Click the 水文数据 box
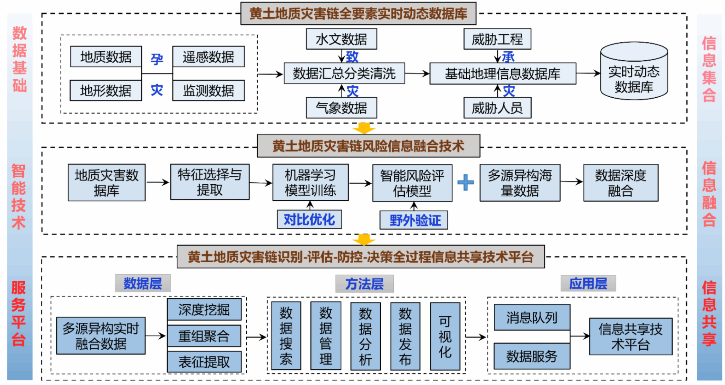click(341, 39)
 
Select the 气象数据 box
click(341, 108)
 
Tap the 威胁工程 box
click(497, 39)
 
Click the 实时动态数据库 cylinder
click(634, 73)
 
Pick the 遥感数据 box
click(208, 57)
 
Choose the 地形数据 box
click(105, 91)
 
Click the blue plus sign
click(466, 182)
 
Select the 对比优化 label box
click(309, 220)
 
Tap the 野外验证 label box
click(413, 220)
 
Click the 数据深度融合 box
click(621, 183)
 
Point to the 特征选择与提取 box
click(210, 182)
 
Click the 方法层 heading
click(364, 284)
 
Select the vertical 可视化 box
click(445, 336)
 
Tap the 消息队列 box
click(532, 317)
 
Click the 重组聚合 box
click(204, 336)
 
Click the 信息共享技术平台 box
click(630, 337)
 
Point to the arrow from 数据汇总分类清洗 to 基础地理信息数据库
click(417, 74)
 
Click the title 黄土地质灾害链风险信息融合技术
click(368, 146)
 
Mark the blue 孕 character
click(157, 59)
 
